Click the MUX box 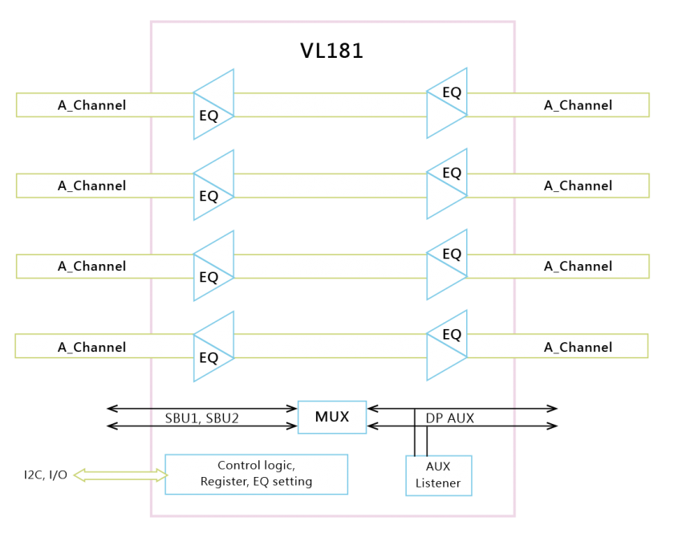[332, 418]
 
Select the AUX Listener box [438, 475]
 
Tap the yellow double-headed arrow [119, 475]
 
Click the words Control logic [256, 466]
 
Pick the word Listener [438, 483]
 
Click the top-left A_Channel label [91, 105]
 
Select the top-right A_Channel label [578, 105]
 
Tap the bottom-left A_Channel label [91, 347]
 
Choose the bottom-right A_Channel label [578, 347]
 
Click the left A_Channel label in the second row [91, 185]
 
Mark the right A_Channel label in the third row [578, 266]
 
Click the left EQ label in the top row [209, 116]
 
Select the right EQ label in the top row [452, 92]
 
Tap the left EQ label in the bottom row [209, 357]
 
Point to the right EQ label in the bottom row [452, 334]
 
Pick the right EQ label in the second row [452, 173]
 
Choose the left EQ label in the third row [209, 277]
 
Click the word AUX [438, 467]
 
